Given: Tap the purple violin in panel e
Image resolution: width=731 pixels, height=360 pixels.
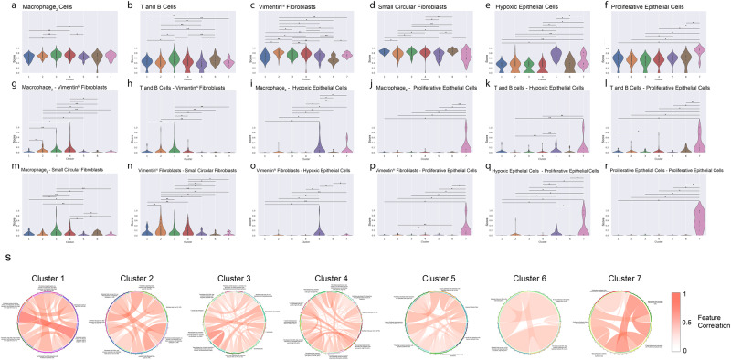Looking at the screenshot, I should click(x=556, y=57).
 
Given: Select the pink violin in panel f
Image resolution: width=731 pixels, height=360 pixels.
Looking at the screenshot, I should click(x=701, y=56).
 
